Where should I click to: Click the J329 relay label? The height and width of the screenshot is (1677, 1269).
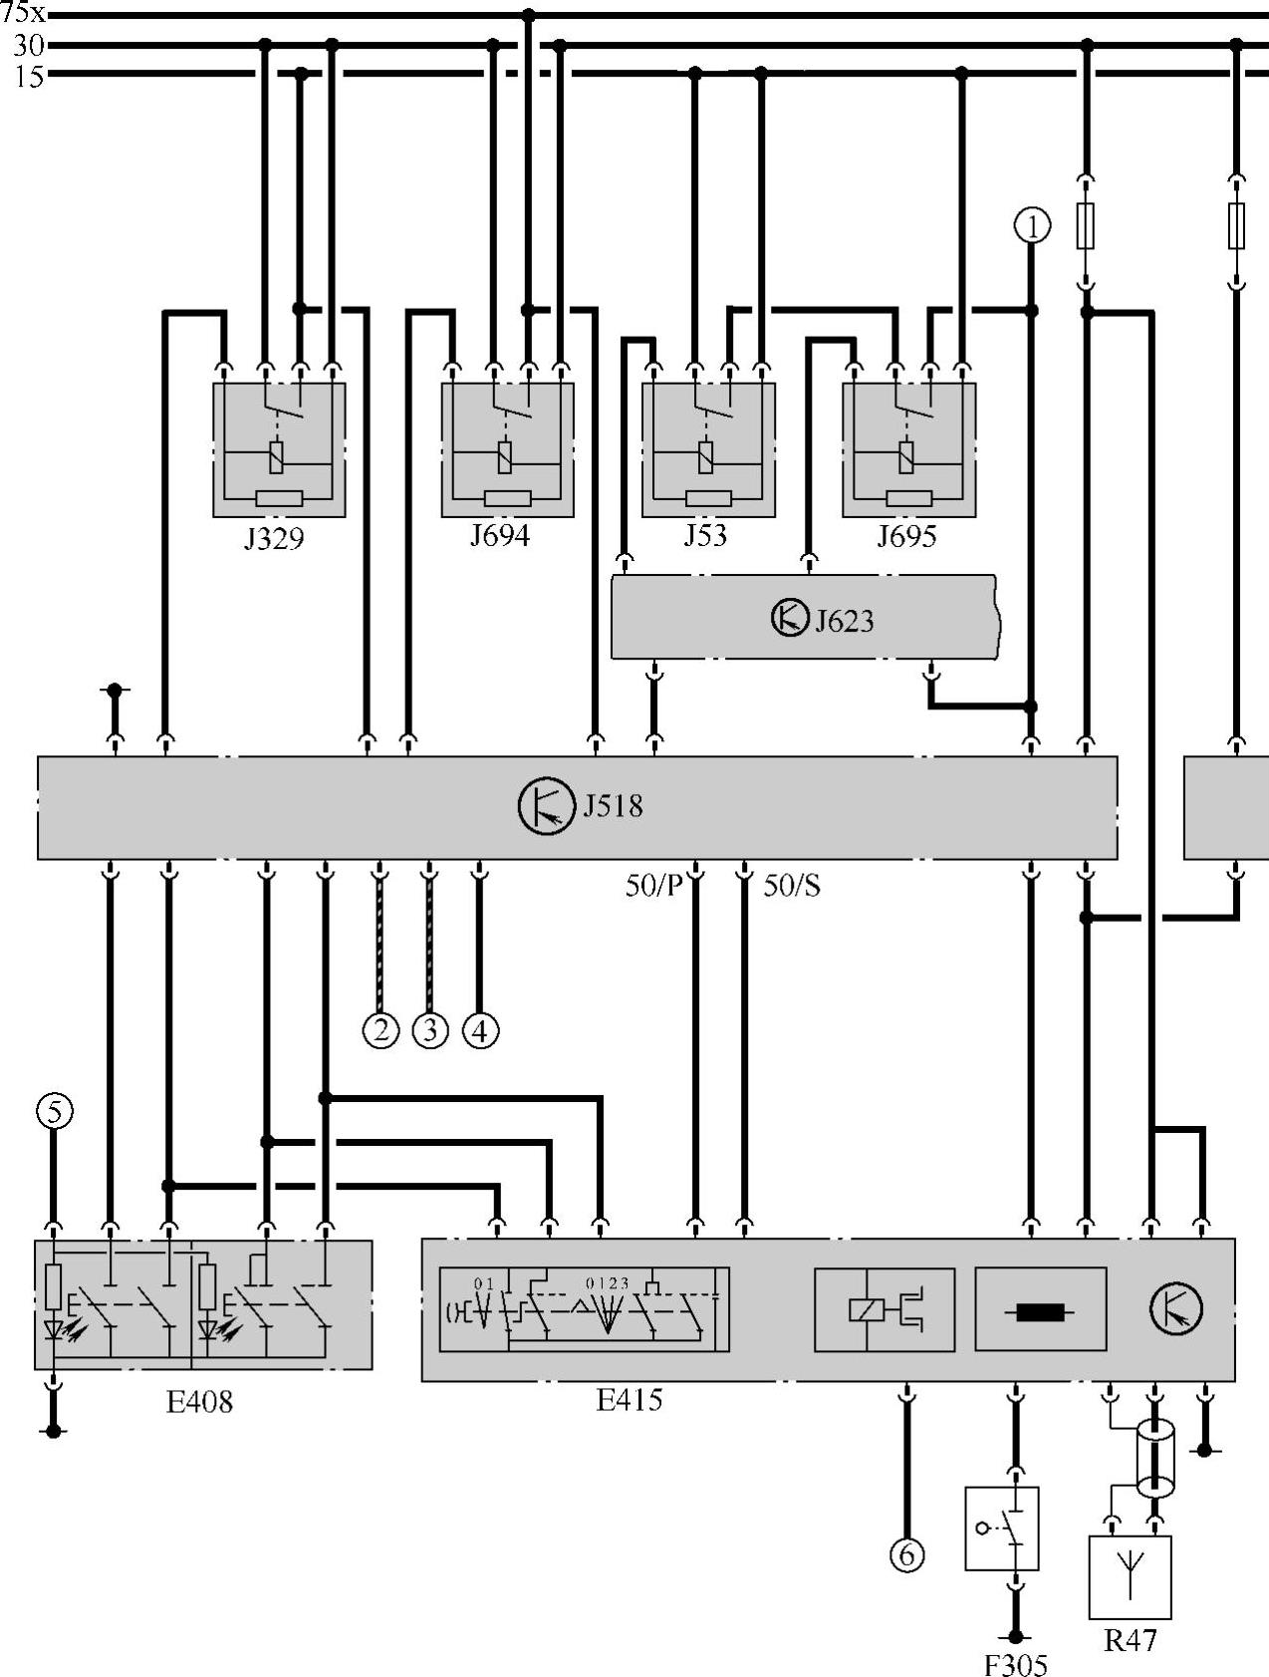(274, 539)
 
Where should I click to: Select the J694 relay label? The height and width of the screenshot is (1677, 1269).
(500, 536)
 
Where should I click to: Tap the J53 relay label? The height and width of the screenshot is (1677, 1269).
(705, 535)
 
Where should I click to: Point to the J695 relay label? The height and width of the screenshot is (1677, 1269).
(906, 537)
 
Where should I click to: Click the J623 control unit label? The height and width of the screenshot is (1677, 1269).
(845, 621)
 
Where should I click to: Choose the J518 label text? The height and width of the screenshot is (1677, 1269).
(613, 805)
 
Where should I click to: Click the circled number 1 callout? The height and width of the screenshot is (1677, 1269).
(1032, 226)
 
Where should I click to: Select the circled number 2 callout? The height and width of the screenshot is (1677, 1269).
(381, 1029)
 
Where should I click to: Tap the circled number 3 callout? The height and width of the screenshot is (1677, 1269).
(430, 1029)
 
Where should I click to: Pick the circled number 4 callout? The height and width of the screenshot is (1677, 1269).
(480, 1030)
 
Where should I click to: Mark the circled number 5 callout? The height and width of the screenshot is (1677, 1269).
(55, 1110)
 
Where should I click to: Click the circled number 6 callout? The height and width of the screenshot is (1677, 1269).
(906, 1554)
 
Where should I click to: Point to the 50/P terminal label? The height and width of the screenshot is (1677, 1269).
(653, 886)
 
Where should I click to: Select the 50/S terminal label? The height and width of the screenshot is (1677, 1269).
(792, 886)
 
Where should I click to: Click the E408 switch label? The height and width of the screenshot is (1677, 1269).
(199, 1402)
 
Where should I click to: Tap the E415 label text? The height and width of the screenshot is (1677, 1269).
(630, 1400)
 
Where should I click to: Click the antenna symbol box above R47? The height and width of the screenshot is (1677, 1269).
(1130, 1577)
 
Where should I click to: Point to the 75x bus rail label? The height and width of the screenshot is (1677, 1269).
(23, 13)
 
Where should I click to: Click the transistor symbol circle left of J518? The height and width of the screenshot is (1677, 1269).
(546, 806)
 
